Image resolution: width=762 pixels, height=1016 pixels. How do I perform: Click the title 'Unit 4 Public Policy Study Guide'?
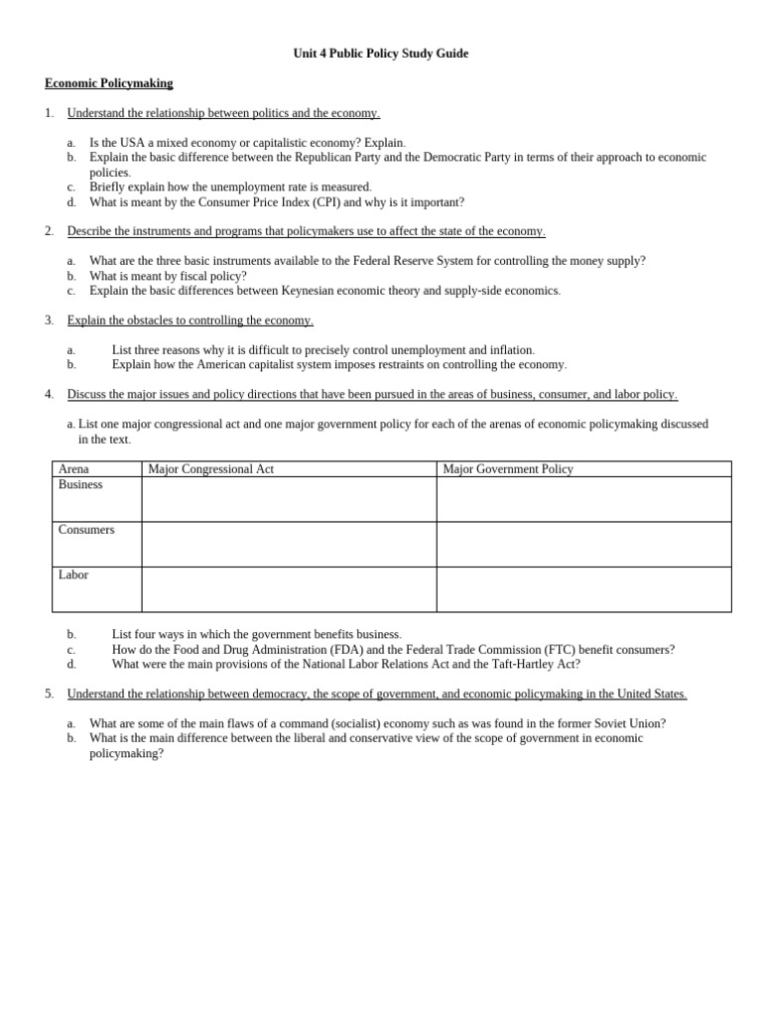(x=381, y=54)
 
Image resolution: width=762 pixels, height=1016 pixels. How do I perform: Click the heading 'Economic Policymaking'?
(x=108, y=83)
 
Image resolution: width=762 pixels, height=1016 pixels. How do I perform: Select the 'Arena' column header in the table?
(x=73, y=469)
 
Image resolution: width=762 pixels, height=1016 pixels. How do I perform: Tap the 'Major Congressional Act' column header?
(x=210, y=469)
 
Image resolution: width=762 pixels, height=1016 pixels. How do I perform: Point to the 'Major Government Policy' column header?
(x=508, y=469)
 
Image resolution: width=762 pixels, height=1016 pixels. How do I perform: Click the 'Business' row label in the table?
(x=80, y=485)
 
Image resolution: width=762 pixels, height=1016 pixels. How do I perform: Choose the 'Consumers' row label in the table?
(x=86, y=530)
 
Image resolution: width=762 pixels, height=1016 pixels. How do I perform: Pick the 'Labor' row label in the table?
(x=73, y=575)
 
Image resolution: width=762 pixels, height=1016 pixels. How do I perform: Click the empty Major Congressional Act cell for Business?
(x=289, y=499)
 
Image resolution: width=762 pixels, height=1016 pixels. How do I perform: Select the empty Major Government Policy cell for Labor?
(x=583, y=589)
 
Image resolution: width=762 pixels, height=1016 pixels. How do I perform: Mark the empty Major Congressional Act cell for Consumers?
(x=289, y=545)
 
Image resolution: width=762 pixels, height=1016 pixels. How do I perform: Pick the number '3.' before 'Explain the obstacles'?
(x=50, y=320)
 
